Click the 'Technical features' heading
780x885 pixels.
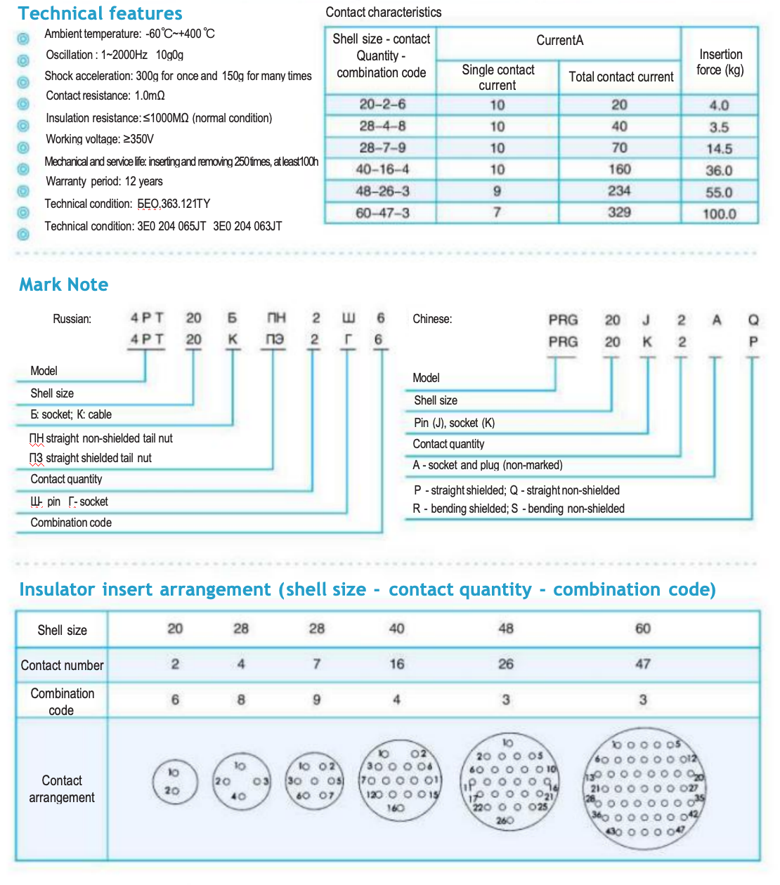(x=100, y=13)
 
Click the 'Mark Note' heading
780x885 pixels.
(x=63, y=284)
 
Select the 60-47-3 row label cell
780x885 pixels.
(x=382, y=213)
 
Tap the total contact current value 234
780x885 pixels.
(x=619, y=191)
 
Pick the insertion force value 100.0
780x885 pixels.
(x=720, y=214)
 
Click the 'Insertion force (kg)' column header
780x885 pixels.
(x=720, y=62)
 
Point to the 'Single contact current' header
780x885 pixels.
(x=498, y=77)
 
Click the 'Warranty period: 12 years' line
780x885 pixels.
(x=104, y=181)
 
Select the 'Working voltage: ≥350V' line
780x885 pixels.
(x=99, y=139)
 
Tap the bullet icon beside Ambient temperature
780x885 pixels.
(x=23, y=38)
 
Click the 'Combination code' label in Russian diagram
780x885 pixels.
(x=71, y=523)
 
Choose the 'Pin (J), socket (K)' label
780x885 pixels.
(x=454, y=423)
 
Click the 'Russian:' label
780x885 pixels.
(x=72, y=319)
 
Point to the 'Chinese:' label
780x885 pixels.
(x=432, y=319)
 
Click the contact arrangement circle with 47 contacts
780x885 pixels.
(x=644, y=787)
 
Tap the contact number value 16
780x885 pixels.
(x=397, y=664)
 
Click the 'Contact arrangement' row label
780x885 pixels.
(x=62, y=789)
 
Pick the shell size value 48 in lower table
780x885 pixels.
(x=506, y=628)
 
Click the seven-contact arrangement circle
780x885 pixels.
(x=315, y=780)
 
